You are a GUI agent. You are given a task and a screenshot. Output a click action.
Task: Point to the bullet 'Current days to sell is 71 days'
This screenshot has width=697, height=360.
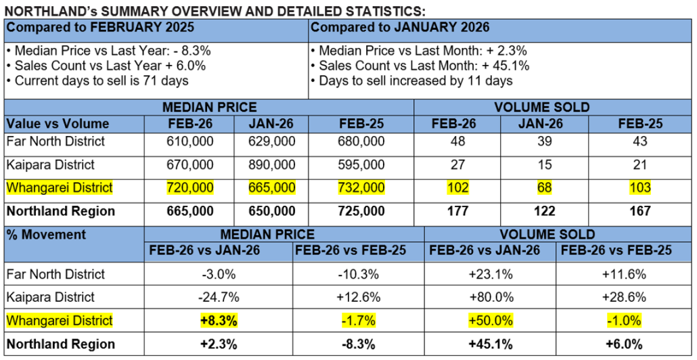coord(97,81)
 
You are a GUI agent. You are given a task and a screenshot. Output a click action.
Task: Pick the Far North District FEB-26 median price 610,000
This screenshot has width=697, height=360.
coord(190,141)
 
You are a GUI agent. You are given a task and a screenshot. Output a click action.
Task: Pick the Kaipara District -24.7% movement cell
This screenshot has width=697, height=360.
coord(218,297)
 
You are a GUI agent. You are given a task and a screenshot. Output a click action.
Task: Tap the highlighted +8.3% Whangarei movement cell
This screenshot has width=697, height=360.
coord(218,320)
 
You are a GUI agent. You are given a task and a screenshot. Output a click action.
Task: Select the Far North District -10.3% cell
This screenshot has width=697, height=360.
coord(359,274)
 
